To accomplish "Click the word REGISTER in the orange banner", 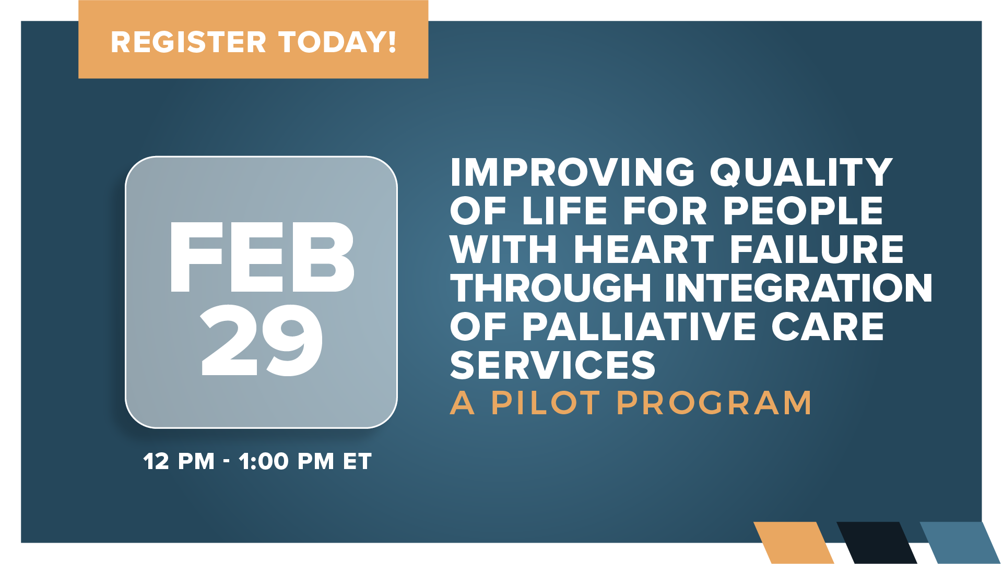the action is [x=188, y=42].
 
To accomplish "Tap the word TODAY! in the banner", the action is [x=337, y=42].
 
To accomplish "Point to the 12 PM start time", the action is [x=179, y=462].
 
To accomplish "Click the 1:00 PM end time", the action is [x=286, y=462].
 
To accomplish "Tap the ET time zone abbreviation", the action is [x=357, y=462].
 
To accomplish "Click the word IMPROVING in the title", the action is [x=573, y=172].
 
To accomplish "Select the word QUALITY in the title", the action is [x=801, y=172].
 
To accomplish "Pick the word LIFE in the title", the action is [x=565, y=211].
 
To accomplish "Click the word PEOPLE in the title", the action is [x=803, y=211].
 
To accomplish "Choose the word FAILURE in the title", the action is [x=817, y=249].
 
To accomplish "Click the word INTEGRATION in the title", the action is [x=798, y=288].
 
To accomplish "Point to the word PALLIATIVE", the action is [x=639, y=327].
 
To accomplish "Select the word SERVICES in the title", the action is [x=552, y=365].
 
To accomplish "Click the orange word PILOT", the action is [x=546, y=403].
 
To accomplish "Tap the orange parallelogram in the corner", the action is [x=794, y=543].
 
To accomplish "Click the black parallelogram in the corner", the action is [x=877, y=543].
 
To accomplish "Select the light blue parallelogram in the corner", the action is [x=960, y=543].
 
